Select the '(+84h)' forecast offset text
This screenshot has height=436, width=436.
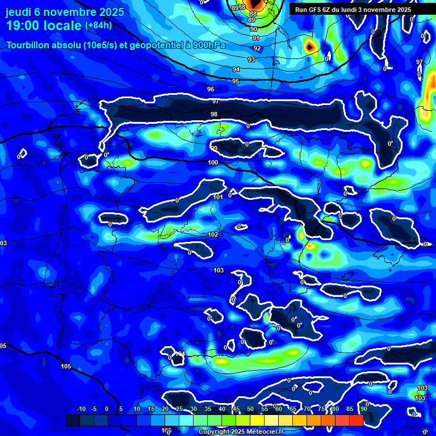[98, 26]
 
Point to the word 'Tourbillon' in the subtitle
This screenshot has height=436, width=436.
[29, 45]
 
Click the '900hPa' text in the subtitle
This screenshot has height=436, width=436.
[205, 45]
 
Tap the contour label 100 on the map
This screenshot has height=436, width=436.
[213, 163]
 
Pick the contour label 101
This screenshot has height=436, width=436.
[218, 198]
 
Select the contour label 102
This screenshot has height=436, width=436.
[213, 234]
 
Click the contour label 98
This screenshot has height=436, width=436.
[214, 114]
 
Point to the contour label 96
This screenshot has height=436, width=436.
[211, 89]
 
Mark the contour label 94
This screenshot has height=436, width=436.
[236, 69]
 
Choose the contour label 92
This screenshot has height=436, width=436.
[257, 48]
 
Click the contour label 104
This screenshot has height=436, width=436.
[180, 354]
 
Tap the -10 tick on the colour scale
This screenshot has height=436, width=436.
[81, 409]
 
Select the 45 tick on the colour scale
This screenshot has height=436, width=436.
[236, 409]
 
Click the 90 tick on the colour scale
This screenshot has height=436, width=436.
[363, 409]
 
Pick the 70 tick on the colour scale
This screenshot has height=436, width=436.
[307, 409]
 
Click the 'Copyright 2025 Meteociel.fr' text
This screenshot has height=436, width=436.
[241, 432]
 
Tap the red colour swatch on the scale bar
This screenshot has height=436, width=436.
[356, 420]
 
